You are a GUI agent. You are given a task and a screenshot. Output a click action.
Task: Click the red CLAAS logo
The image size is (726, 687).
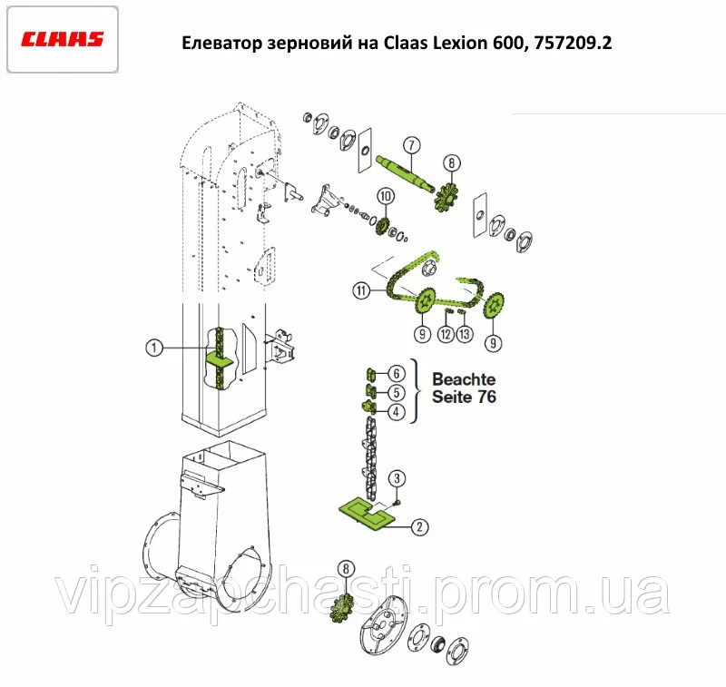pos(62,39)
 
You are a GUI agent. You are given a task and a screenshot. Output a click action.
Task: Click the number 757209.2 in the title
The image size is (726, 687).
pos(573,43)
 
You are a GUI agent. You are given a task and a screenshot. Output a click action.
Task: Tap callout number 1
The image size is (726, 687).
pos(154,348)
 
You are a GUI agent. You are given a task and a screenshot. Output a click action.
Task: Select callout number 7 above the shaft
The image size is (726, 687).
pos(411,145)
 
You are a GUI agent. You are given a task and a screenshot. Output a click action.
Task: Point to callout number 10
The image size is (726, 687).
pos(386,196)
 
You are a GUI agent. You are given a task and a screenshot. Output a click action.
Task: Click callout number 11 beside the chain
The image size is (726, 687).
pos(361,290)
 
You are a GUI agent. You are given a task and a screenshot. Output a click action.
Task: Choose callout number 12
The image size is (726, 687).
pos(446,334)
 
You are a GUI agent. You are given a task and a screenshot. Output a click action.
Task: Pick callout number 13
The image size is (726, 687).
pos(465,334)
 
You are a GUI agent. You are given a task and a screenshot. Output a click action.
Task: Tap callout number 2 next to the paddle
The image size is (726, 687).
pos(420,527)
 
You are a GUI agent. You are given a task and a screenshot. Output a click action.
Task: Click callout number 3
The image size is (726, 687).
pos(397,478)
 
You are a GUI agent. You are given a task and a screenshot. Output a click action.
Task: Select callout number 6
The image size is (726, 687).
pos(397,374)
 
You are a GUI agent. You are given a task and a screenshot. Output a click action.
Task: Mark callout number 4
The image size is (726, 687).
pos(397,411)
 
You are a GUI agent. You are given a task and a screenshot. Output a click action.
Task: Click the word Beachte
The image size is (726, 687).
pos(464,379)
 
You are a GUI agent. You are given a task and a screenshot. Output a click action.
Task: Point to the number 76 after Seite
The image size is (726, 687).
pos(487,397)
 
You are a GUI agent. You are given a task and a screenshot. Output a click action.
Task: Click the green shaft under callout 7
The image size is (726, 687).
pos(406,173)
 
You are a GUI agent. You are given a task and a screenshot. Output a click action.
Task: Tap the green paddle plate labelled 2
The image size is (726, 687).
pos(367,513)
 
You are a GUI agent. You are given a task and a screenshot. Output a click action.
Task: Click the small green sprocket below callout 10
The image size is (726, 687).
pos(382,226)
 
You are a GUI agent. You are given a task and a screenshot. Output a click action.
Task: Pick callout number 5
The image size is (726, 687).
pos(397,393)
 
